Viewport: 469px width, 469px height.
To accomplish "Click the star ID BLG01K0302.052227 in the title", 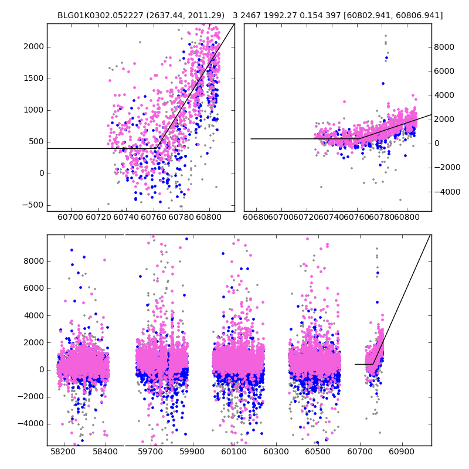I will click(97, 15).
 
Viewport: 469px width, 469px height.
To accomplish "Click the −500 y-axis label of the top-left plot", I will click(32, 205).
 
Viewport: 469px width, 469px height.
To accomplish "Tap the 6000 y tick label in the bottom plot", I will click(33, 288).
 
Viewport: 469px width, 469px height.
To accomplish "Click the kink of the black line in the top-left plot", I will click(156, 148).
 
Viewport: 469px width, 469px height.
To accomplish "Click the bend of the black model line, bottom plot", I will click(373, 364).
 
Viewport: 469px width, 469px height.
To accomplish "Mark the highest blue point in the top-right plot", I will click(386, 57).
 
